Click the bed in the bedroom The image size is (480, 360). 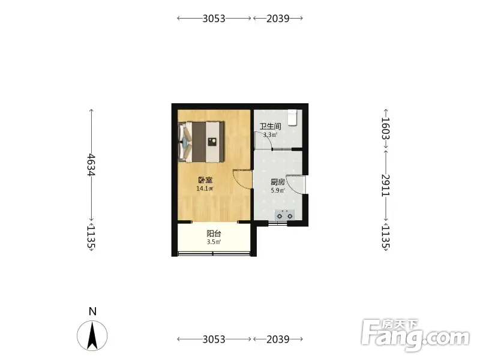(x=202, y=142)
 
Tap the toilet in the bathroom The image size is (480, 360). (x=293, y=118)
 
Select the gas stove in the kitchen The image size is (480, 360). (x=284, y=215)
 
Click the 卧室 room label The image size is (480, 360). (x=205, y=181)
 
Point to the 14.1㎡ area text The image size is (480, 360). (x=205, y=188)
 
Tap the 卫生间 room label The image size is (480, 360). (x=271, y=127)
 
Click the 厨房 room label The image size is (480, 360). (x=278, y=183)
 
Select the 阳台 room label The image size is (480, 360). (x=214, y=234)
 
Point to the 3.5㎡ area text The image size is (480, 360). (x=214, y=242)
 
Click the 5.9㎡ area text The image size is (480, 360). (x=278, y=191)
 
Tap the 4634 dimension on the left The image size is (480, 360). (x=91, y=164)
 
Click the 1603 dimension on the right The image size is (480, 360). (x=385, y=128)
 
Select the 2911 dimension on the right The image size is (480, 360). (x=385, y=186)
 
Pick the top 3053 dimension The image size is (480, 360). (x=214, y=19)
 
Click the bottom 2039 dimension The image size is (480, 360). (x=278, y=340)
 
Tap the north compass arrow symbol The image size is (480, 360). (x=92, y=336)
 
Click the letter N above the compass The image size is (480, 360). (x=92, y=311)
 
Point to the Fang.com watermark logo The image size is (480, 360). (x=415, y=335)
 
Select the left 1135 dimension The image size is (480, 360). (x=91, y=237)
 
